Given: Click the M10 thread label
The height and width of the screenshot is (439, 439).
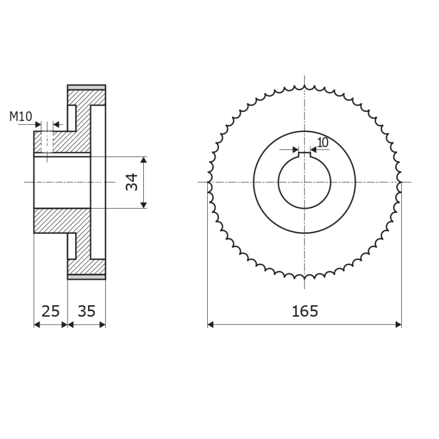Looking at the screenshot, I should click(x=21, y=116).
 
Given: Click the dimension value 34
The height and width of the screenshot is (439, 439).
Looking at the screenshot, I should click(x=132, y=182).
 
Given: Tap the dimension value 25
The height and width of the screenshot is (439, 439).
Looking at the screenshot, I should click(x=50, y=311).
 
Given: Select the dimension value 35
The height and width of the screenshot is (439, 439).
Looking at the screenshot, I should click(x=87, y=311).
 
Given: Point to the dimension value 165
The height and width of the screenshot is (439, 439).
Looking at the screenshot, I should click(x=305, y=311).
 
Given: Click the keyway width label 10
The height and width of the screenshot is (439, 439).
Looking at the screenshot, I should click(x=323, y=142).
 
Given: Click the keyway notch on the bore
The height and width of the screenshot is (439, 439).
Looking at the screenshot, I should click(x=305, y=154).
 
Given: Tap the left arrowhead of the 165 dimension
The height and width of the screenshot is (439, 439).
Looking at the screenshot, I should click(x=211, y=324).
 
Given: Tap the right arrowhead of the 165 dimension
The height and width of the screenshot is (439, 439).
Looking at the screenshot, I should click(x=398, y=324).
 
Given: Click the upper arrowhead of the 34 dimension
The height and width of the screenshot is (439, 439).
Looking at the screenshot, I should click(x=144, y=160).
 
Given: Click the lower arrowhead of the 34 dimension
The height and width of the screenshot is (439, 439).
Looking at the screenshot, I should click(x=144, y=205).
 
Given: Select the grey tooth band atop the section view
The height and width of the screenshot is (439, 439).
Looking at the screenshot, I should click(x=87, y=87).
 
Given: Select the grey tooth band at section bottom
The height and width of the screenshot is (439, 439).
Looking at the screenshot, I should click(x=87, y=277).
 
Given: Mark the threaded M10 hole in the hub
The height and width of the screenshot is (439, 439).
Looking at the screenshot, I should click(x=47, y=142).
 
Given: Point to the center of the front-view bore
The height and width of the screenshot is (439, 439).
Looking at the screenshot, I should click(x=304, y=182).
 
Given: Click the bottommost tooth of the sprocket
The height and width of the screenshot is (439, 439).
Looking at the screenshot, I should click(x=305, y=277).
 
